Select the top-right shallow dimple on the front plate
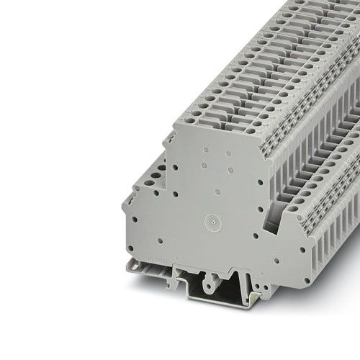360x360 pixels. coord(228,153)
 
